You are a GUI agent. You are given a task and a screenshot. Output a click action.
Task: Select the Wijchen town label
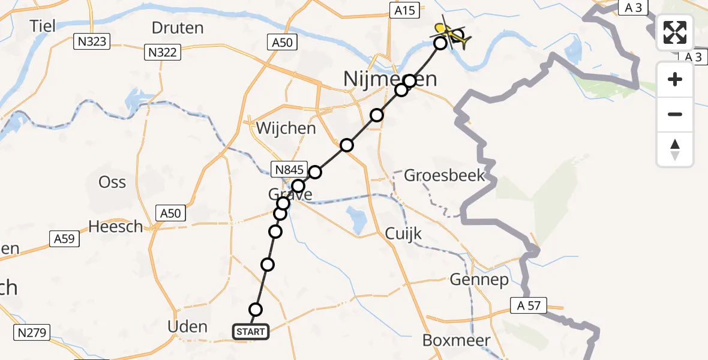pyautogui.click(x=286, y=128)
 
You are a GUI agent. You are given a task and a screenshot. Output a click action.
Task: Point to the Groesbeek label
pyautogui.click(x=444, y=176)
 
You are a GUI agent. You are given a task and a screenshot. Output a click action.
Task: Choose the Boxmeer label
pyautogui.click(x=456, y=340)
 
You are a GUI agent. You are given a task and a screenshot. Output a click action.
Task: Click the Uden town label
pyautogui.click(x=188, y=327)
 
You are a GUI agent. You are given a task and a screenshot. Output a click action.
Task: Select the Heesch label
pyautogui.click(x=116, y=226)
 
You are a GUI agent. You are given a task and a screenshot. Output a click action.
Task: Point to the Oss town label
pyautogui.click(x=112, y=182)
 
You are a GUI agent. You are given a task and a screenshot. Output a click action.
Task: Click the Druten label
pyautogui.click(x=178, y=28)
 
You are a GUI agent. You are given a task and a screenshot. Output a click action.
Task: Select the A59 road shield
pyautogui.click(x=64, y=239)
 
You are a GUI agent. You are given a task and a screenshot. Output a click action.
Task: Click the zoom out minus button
pyautogui.click(x=675, y=114)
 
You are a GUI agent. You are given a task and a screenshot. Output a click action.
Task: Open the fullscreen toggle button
pyautogui.click(x=675, y=32)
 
